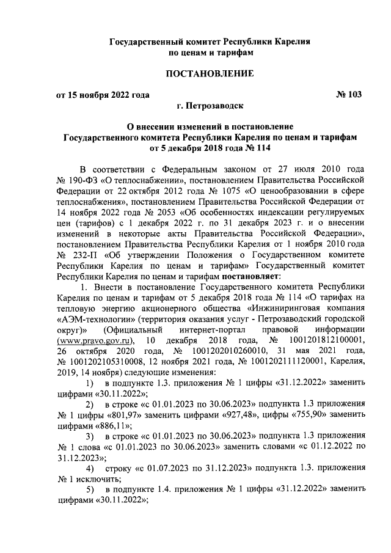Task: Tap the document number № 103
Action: pos(349,94)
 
